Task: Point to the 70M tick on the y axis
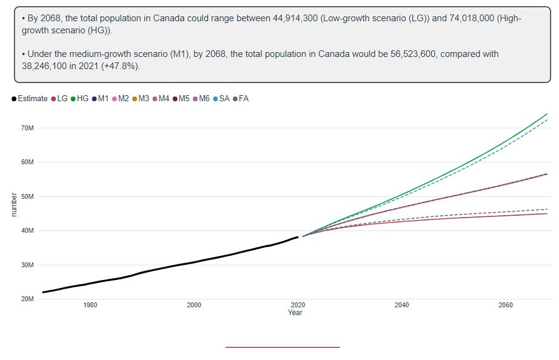tap(28, 128)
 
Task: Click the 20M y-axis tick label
tap(28, 299)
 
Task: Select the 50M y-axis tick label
tap(28, 197)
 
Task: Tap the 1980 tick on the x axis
tap(90, 305)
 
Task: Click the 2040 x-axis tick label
tap(401, 305)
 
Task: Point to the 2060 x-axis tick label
tap(506, 305)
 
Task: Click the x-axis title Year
tap(295, 313)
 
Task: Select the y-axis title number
tap(14, 204)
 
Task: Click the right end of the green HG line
tap(547, 114)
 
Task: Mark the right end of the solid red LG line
tap(547, 213)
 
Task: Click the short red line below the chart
tap(283, 347)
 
